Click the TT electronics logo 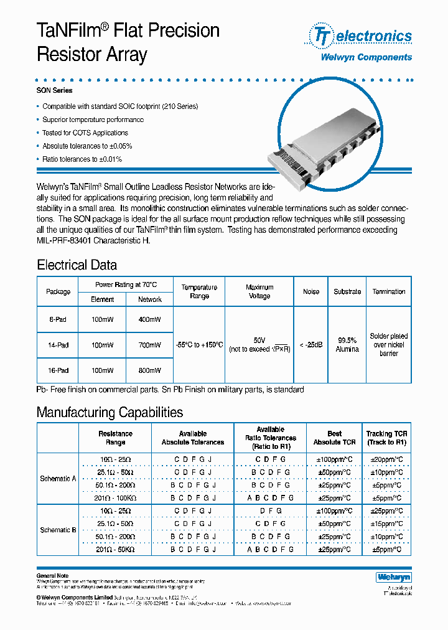(x=361, y=36)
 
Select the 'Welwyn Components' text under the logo (x=366, y=57)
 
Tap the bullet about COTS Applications (x=85, y=133)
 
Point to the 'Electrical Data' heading (x=77, y=265)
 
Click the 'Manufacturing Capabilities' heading (x=110, y=412)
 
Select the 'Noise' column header (x=311, y=291)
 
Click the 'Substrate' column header (x=347, y=291)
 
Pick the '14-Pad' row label (x=58, y=344)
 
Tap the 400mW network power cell (x=149, y=319)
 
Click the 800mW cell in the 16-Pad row (x=149, y=370)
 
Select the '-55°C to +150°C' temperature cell (x=198, y=345)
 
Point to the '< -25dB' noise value (x=311, y=345)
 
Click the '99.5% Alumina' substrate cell (x=347, y=345)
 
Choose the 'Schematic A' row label (x=58, y=479)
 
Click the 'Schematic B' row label (x=58, y=530)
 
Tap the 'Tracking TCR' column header (x=386, y=438)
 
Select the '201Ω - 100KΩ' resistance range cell (x=115, y=498)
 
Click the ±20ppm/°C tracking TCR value (x=386, y=459)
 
